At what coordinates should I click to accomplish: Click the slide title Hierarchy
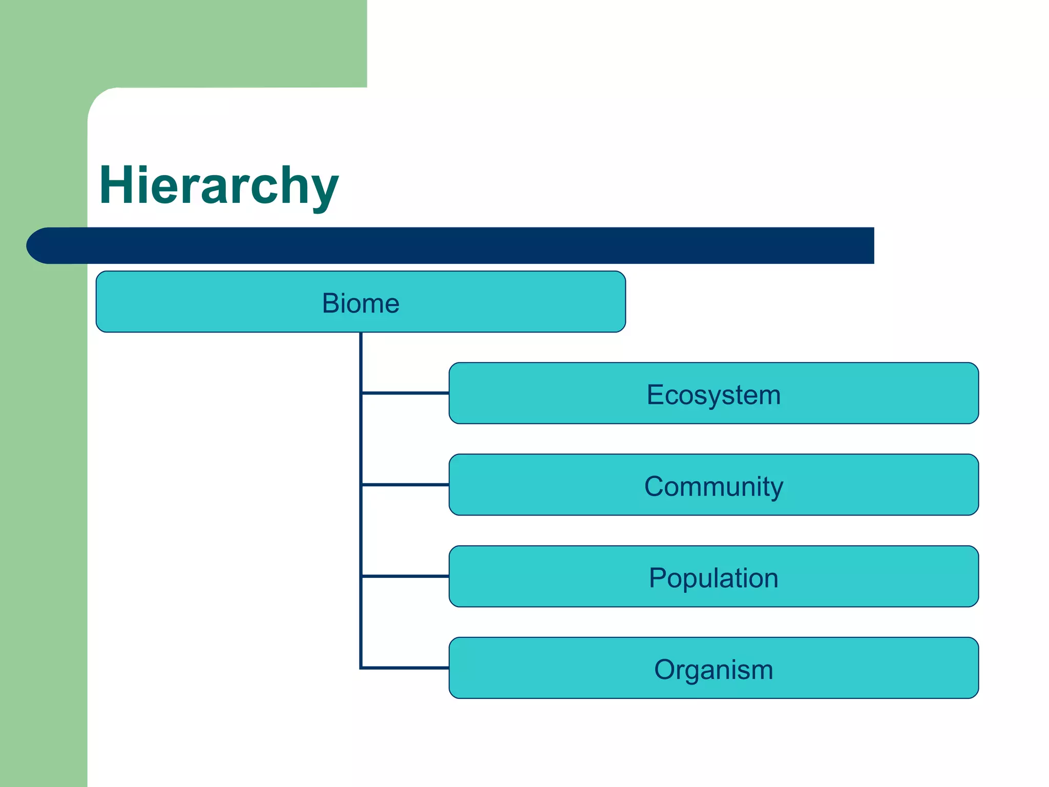tap(219, 185)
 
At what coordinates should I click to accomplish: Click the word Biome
tap(361, 303)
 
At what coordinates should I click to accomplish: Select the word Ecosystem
tap(714, 395)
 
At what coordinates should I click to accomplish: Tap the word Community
tap(714, 486)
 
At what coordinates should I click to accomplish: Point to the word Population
tap(714, 578)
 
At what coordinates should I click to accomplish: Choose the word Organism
tap(714, 670)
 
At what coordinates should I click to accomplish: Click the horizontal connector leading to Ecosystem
tap(405, 393)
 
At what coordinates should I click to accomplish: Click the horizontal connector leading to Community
tap(405, 484)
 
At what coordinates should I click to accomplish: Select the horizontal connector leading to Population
tap(405, 576)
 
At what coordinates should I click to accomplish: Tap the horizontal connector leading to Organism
tap(405, 668)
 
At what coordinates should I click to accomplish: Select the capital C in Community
tap(655, 486)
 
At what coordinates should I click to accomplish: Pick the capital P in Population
tap(658, 578)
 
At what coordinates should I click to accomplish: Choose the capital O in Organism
tap(665, 670)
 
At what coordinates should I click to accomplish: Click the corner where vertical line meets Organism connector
tap(361, 668)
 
